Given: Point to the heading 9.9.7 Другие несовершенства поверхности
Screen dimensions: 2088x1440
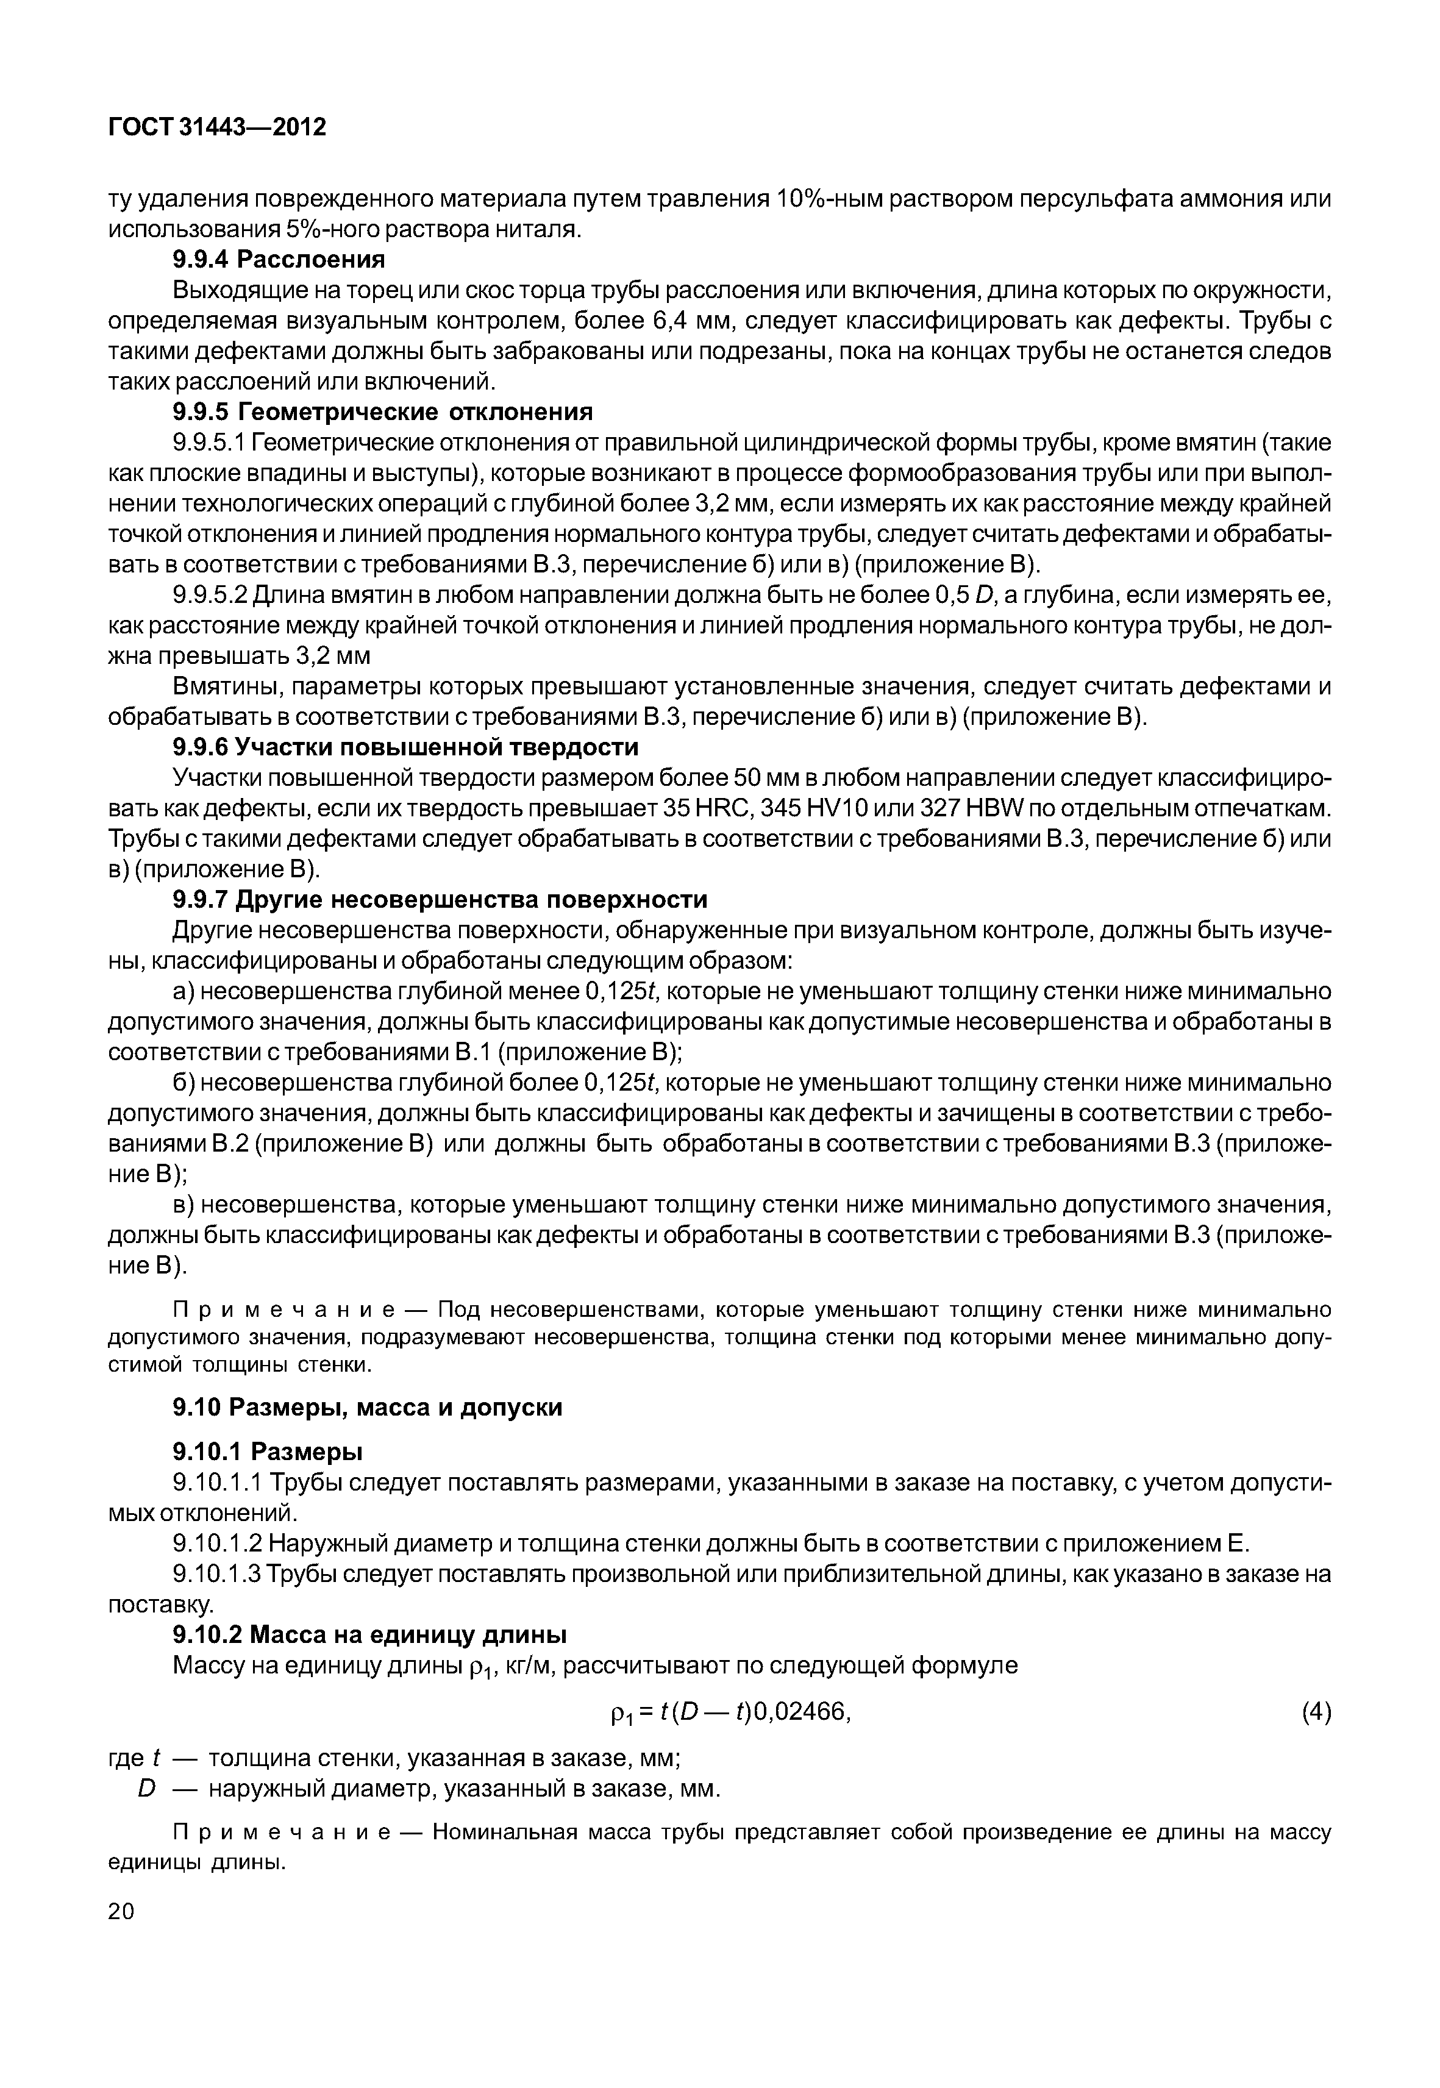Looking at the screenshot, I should [440, 900].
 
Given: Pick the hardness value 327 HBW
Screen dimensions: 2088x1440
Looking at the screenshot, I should [929, 808].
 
